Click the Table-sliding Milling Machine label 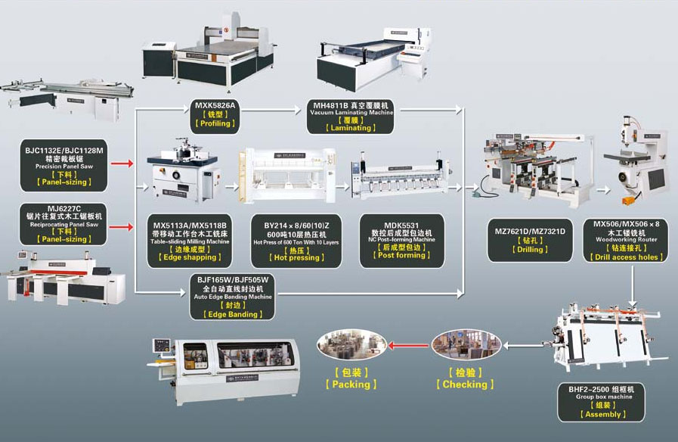tap(190, 241)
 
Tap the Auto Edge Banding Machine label tap(234, 297)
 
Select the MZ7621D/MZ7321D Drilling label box tap(529, 239)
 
